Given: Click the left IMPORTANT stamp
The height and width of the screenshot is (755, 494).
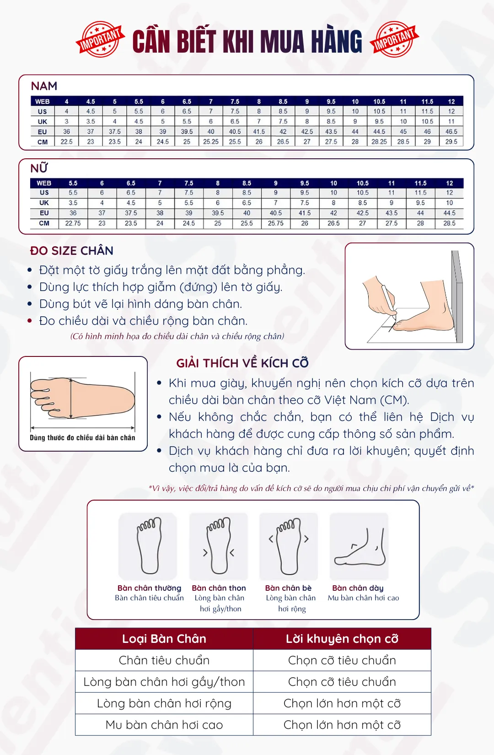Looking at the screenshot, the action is point(100,39).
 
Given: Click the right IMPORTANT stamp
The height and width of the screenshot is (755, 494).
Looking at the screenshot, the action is point(394,39).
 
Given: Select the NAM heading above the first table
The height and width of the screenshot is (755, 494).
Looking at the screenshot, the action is point(44,86).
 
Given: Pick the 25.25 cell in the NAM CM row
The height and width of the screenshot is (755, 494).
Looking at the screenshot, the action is point(211,142).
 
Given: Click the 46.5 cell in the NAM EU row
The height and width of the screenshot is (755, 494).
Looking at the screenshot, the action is point(451,132).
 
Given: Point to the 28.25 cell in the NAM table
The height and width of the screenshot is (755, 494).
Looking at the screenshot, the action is point(379,142).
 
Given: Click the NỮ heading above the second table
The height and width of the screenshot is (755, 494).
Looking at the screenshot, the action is point(39,168).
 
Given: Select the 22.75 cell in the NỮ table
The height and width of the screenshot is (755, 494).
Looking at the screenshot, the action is point(73,223).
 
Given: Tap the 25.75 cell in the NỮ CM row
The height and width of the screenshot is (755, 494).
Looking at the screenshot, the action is point(276,223).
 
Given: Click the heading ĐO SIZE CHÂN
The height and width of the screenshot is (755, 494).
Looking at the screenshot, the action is point(71,251).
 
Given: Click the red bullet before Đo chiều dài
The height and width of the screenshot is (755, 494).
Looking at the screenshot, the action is point(30,321).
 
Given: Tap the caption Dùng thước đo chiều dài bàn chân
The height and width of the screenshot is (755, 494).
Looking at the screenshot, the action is point(82,437).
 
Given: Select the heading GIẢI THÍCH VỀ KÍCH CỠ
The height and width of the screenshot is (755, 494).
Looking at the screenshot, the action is point(242,363).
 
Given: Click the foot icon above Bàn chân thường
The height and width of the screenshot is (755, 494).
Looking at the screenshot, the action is point(148,546).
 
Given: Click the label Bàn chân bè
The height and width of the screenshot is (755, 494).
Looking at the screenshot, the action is point(289,588).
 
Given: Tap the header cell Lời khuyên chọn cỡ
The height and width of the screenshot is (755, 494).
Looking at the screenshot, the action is point(342,639).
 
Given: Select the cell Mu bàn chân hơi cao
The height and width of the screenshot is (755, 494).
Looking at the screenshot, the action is point(164,725).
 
